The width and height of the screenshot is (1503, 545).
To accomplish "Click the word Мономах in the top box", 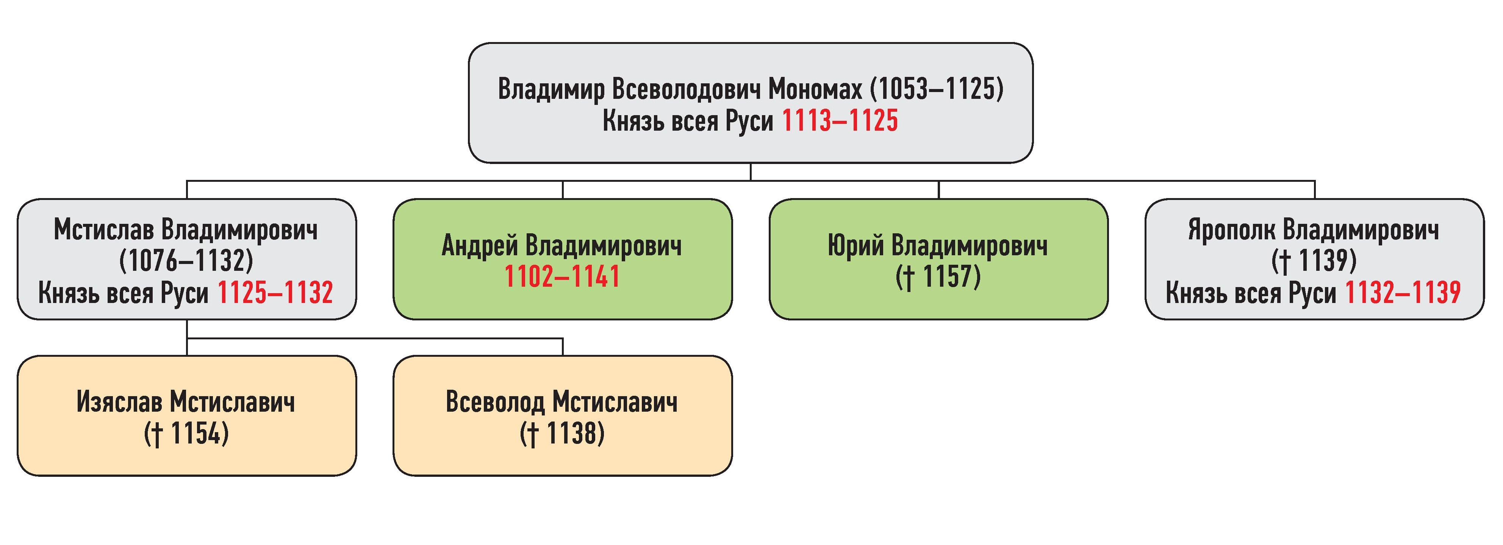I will [x=815, y=89].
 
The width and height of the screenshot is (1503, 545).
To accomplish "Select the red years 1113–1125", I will [x=840, y=121].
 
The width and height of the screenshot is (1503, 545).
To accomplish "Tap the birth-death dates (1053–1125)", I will [x=937, y=89].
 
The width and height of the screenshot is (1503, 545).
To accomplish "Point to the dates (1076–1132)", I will [x=186, y=261].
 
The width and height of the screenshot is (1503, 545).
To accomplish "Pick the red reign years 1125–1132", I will [x=275, y=292].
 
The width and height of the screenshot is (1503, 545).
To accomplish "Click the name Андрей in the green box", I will [x=480, y=245].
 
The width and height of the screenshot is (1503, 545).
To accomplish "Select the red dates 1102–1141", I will [x=562, y=276].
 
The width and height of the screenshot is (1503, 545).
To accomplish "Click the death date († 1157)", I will [x=938, y=276].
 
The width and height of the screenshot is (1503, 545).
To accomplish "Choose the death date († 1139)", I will [x=1314, y=261].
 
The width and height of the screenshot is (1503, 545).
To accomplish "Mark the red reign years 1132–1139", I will [x=1403, y=292].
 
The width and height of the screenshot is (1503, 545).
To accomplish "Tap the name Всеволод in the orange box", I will [x=495, y=402].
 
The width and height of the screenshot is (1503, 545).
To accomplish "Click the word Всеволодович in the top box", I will [x=687, y=89].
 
